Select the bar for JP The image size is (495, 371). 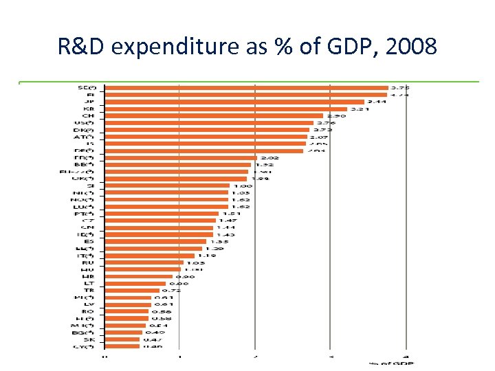coord(234,102)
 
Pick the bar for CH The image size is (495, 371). coord(213,115)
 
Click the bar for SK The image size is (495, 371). coord(122,339)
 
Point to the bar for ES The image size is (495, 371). coord(155,241)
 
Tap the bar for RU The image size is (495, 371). coord(144,262)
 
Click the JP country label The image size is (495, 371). coord(90,102)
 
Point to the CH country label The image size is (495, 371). coord(89,115)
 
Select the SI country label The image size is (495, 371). coord(90,185)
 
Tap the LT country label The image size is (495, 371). coord(89,283)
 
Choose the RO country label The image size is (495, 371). coord(89,311)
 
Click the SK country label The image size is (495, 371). coord(89,339)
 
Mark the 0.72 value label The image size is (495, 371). coord(170,290)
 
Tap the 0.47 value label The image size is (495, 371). coord(151,339)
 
